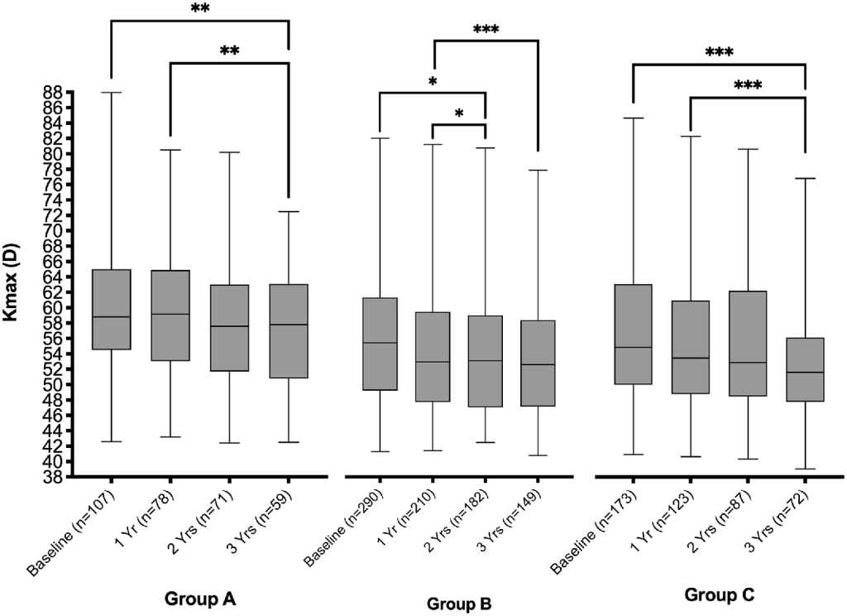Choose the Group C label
[719, 594]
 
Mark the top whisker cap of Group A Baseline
[110, 93]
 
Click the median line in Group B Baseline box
[380, 343]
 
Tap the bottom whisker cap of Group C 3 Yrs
[806, 469]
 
